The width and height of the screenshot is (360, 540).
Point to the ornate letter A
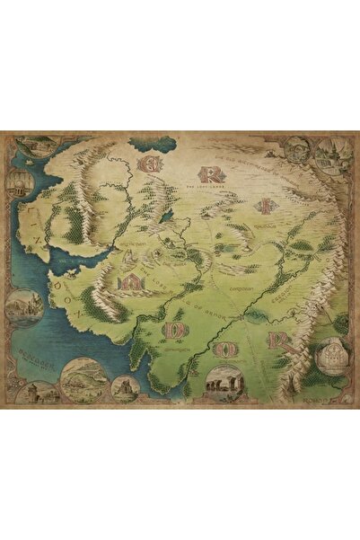[131, 281]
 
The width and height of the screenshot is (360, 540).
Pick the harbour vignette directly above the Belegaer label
[24, 305]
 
